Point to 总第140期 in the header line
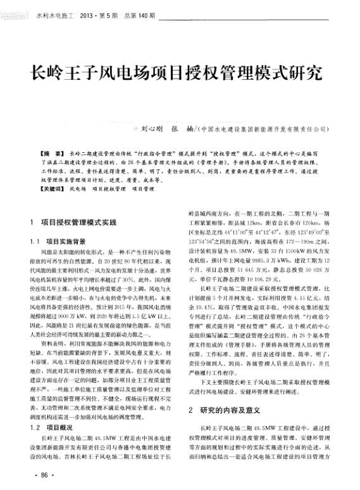point(137,13)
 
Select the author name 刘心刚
point(152,127)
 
